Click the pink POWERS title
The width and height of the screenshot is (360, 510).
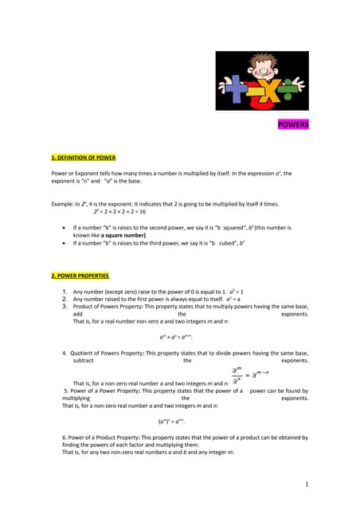point(293,125)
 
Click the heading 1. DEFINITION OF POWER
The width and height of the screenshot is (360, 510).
point(84,158)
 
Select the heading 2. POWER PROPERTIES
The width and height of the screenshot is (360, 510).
point(80,275)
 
